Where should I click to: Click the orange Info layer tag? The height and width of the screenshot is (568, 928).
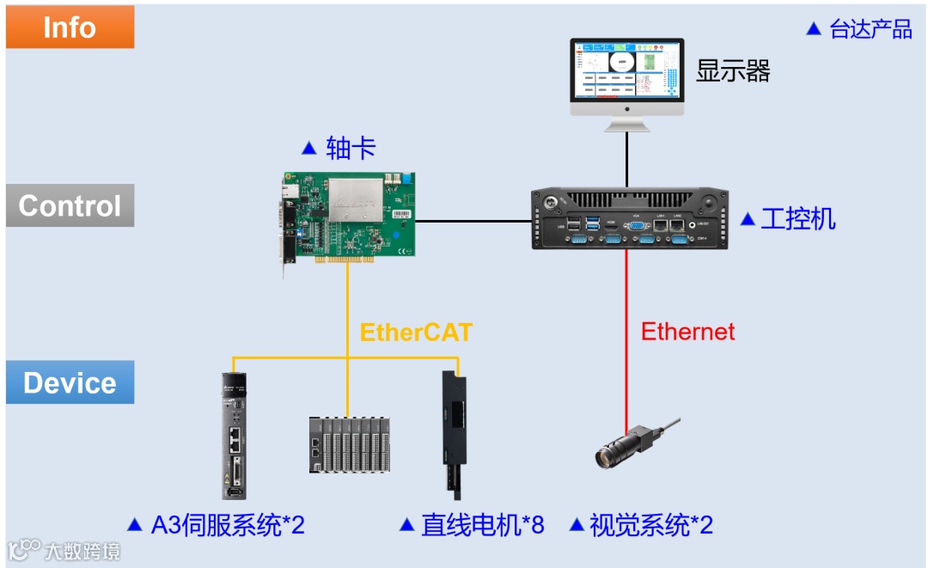[x=70, y=27]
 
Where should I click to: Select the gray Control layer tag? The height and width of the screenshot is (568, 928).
[x=70, y=206]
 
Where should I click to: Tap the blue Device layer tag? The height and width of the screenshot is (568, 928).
[x=70, y=382]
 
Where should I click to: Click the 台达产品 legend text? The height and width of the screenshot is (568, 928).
[x=870, y=29]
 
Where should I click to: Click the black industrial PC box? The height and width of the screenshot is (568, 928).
[x=628, y=218]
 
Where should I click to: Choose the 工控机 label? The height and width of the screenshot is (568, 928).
[x=798, y=218]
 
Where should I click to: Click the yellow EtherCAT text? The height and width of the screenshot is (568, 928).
[x=416, y=333]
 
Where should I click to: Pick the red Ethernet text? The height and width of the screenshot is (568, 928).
[x=688, y=332]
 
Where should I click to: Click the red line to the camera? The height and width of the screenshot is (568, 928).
[x=626, y=361]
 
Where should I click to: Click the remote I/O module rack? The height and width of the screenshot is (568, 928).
[x=349, y=445]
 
